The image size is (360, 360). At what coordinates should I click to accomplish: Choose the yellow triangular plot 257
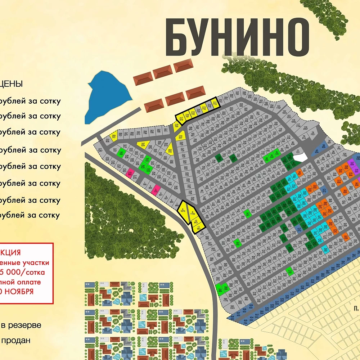click(x=143, y=144)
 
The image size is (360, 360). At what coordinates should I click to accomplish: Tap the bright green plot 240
click(x=122, y=153)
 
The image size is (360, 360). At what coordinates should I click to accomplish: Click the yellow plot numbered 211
click(x=215, y=104)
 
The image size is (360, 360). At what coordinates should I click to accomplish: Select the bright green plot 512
click(x=290, y=271)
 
